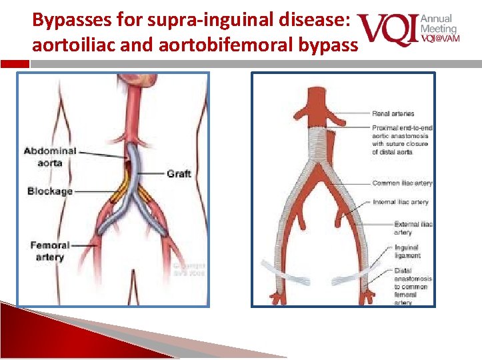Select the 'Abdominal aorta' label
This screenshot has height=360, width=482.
pyautogui.click(x=50, y=157)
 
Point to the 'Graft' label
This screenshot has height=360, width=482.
pyautogui.click(x=179, y=173)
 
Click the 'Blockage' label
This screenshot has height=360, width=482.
pyautogui.click(x=50, y=191)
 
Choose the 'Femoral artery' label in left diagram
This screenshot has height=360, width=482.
pyautogui.click(x=50, y=251)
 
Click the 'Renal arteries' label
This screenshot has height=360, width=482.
pyautogui.click(x=393, y=114)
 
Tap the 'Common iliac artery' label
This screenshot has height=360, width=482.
pyautogui.click(x=402, y=183)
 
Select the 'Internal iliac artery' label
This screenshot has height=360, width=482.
pyautogui.click(x=401, y=202)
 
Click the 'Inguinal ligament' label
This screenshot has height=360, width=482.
pyautogui.click(x=407, y=251)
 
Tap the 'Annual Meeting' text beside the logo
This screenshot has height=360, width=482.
pyautogui.click(x=438, y=24)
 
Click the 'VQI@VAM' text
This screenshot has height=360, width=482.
pyautogui.click(x=439, y=38)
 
